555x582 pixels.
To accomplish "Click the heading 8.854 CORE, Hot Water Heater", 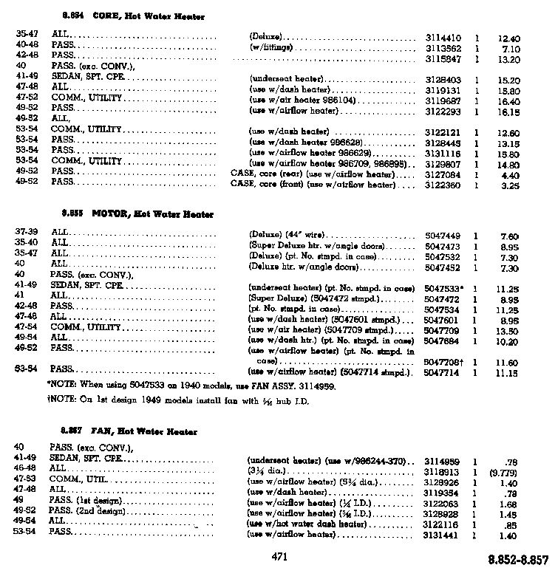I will pyautogui.click(x=133, y=16).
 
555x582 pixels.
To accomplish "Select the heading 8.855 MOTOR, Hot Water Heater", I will pyautogui.click(x=140, y=214).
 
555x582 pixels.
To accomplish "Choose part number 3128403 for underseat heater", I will pyautogui.click(x=443, y=80).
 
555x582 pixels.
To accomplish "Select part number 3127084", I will pyautogui.click(x=443, y=175).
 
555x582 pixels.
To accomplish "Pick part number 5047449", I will pyautogui.click(x=443, y=235).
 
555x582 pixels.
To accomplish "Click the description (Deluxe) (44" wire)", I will pyautogui.click(x=288, y=235).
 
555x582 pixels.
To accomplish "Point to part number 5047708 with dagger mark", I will pyautogui.click(x=444, y=363).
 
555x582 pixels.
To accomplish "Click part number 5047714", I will pyautogui.click(x=443, y=374).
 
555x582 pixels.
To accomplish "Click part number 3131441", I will pyautogui.click(x=443, y=533).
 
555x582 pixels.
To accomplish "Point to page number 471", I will pyautogui.click(x=279, y=556).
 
